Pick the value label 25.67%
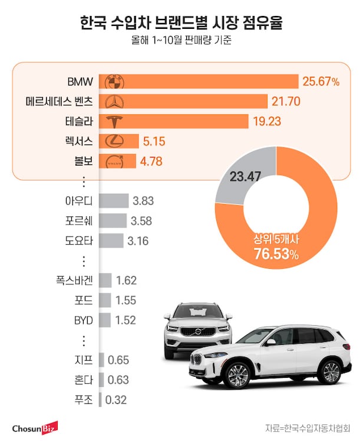[321, 82]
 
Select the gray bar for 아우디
[114, 201]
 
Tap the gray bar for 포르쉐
[113, 221]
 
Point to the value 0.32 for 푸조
[116, 400]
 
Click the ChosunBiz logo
[35, 427]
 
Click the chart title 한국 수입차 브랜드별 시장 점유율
[181, 24]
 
